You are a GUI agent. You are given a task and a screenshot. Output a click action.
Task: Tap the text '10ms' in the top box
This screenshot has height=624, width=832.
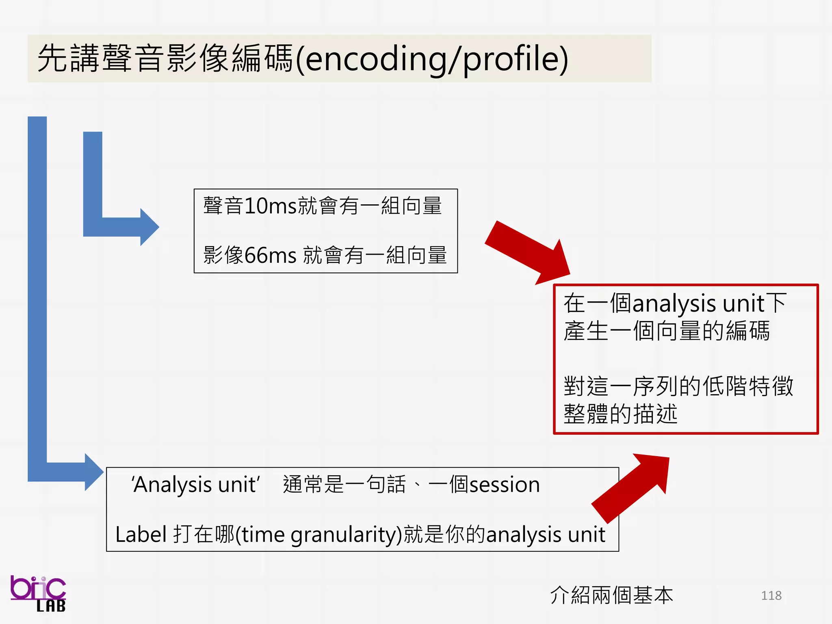(270, 206)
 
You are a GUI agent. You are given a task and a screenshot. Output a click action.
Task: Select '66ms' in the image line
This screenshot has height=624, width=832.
(270, 255)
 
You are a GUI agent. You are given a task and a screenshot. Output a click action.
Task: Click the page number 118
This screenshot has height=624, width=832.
(771, 596)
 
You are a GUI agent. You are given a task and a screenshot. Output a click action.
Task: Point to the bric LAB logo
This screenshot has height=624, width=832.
(38, 594)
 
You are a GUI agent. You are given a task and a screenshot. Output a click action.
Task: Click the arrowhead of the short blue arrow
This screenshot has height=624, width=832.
(149, 227)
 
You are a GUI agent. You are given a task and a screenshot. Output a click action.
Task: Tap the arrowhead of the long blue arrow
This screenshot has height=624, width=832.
(94, 472)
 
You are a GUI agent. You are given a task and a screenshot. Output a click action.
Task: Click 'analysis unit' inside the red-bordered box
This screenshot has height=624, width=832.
(699, 303)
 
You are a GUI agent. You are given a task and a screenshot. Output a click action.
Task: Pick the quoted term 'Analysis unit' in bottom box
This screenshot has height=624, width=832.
(195, 485)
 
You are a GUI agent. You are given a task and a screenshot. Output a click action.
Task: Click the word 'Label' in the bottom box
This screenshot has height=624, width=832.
(141, 534)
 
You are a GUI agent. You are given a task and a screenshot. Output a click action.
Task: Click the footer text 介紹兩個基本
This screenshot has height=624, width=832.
(611, 596)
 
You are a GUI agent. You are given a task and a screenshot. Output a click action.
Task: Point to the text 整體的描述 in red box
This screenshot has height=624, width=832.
(620, 414)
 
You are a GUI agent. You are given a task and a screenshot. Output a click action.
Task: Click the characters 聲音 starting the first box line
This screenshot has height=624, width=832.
(223, 206)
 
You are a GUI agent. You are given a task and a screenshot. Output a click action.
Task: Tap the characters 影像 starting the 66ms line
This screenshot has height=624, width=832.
(223, 255)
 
